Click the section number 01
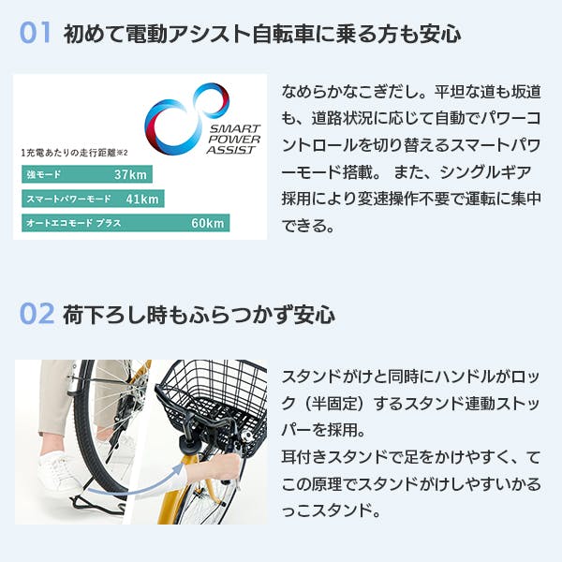tap(35, 34)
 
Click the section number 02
tap(35, 313)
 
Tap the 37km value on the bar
tap(131, 175)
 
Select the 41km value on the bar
tap(142, 199)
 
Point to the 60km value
tap(207, 223)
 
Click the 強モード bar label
tap(43, 175)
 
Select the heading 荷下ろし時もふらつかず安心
tap(199, 314)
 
